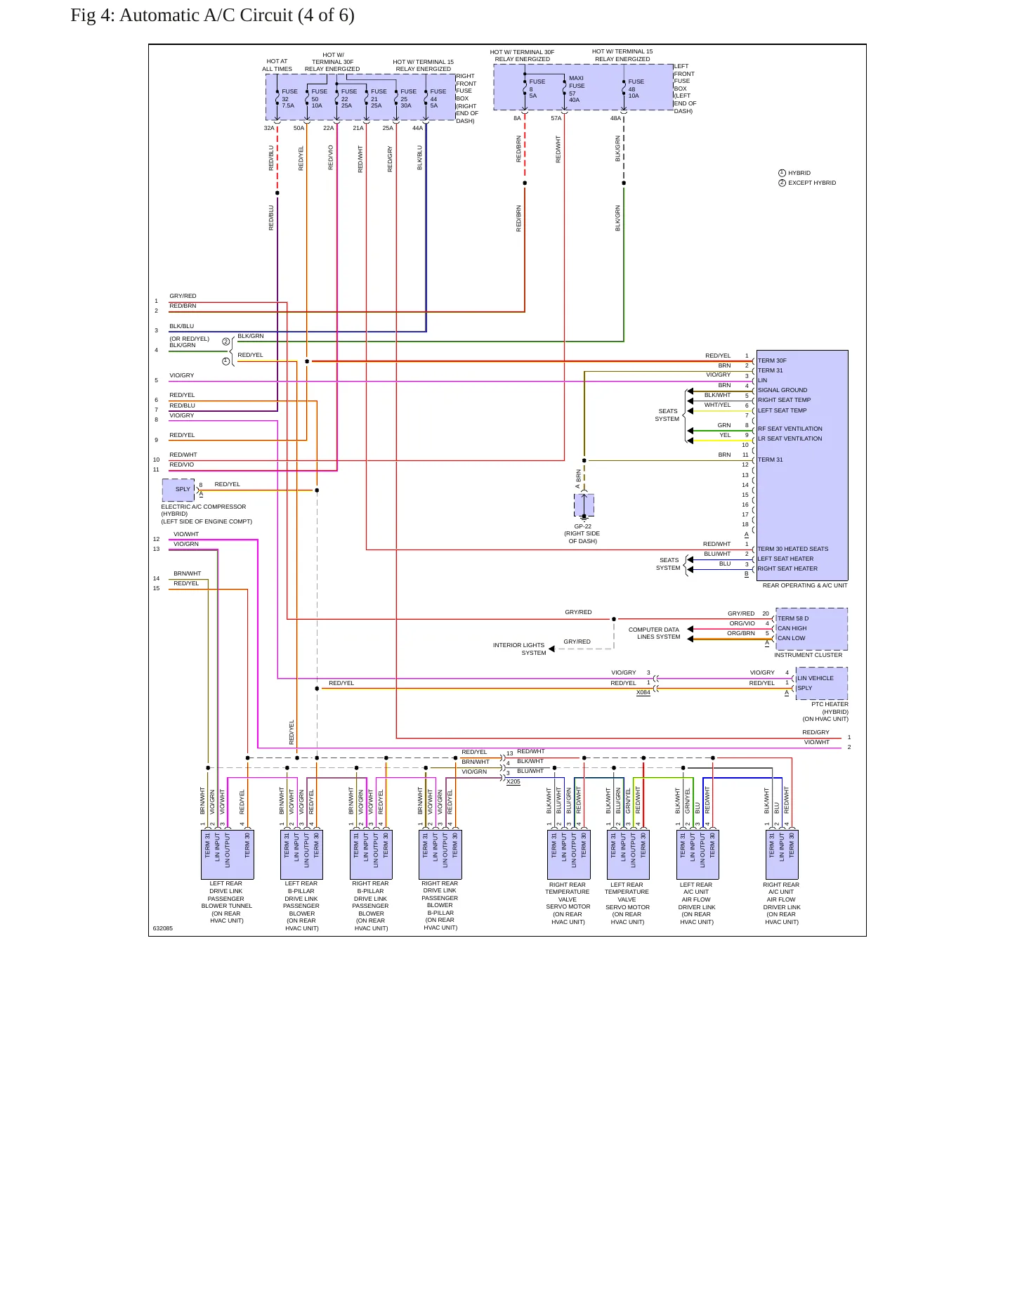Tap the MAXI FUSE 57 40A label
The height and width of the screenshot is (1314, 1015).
point(577,89)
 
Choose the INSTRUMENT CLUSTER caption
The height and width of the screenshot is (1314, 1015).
point(808,655)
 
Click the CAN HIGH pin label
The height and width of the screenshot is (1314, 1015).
point(792,628)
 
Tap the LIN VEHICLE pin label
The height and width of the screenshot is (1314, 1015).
point(816,678)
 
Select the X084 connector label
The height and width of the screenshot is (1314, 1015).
point(643,693)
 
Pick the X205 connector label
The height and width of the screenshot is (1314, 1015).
point(513,781)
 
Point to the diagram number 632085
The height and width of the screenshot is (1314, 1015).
point(163,928)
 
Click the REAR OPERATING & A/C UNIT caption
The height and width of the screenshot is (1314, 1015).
point(805,585)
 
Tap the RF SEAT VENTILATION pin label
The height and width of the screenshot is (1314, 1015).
point(790,429)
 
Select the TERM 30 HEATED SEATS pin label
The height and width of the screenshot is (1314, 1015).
point(792,549)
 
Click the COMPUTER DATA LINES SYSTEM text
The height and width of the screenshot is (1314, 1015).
point(654,633)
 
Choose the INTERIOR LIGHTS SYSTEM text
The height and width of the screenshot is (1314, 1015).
point(519,649)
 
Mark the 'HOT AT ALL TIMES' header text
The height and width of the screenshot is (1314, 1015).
point(277,65)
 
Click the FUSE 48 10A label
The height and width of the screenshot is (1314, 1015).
point(636,89)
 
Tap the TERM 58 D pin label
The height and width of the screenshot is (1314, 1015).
point(793,618)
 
